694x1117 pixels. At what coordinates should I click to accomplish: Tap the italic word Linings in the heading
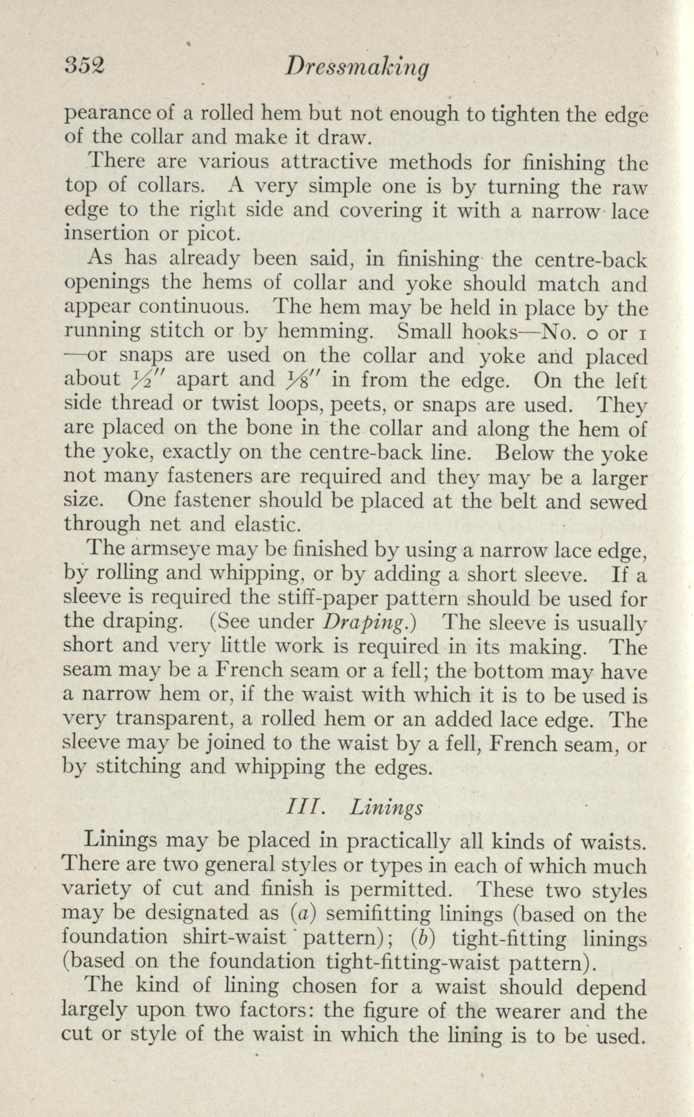[x=387, y=808]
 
